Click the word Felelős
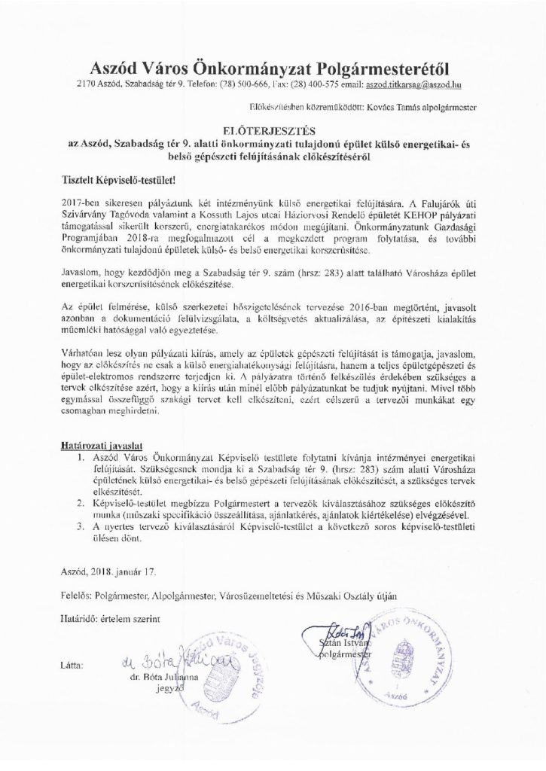[x=74, y=596]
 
